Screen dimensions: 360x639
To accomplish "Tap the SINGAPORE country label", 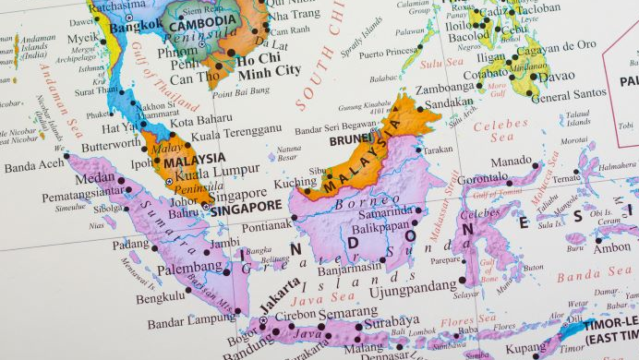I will (245, 208).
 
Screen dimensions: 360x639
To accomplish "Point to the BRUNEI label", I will (351, 141).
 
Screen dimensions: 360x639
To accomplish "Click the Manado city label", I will (512, 162).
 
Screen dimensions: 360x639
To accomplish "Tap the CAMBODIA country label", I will (201, 21).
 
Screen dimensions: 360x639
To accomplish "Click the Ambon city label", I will (610, 248).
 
